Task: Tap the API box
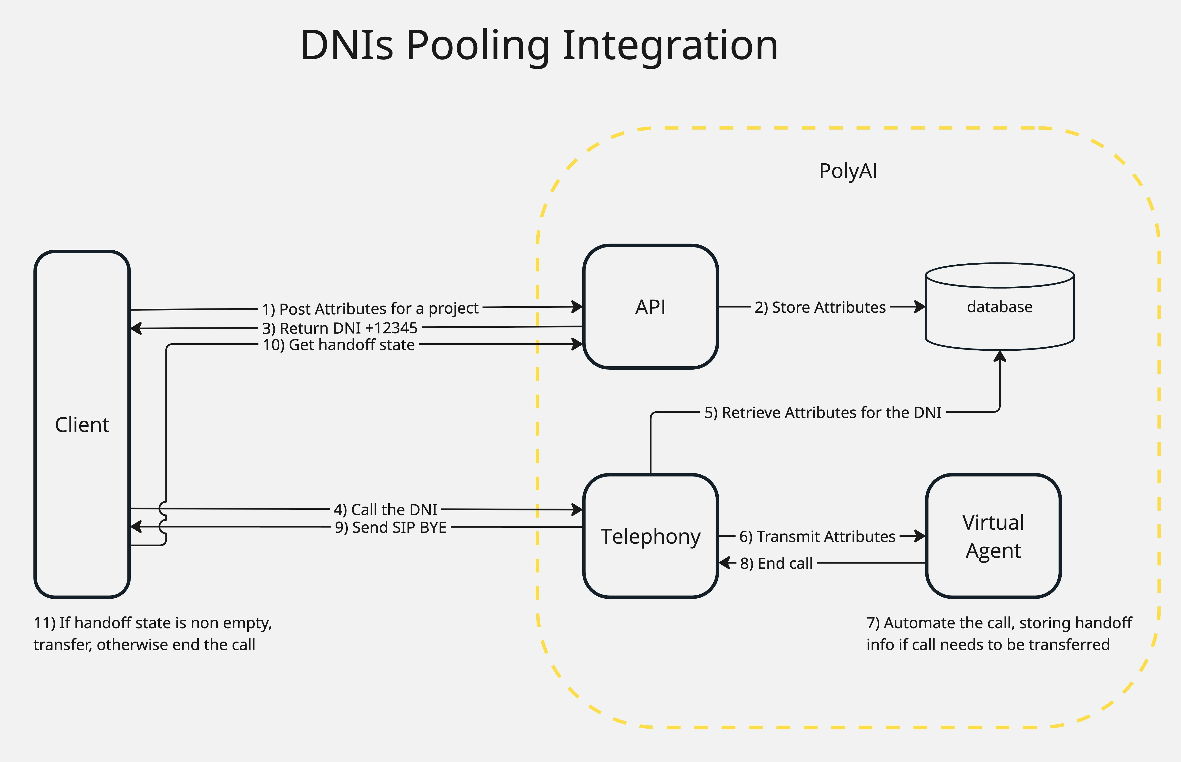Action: pos(650,307)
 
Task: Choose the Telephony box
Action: pos(650,536)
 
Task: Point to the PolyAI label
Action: pos(848,171)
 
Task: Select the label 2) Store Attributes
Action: pos(820,307)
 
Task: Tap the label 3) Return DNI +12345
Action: pos(340,328)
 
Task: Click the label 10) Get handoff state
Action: pos(339,345)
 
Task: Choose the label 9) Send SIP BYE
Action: pos(391,528)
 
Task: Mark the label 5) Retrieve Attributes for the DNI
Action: pos(822,413)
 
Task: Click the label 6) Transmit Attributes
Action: pos(817,536)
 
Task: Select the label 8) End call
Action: pos(776,563)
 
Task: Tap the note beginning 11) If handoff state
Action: pos(153,633)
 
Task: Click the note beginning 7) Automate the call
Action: pos(999,633)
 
